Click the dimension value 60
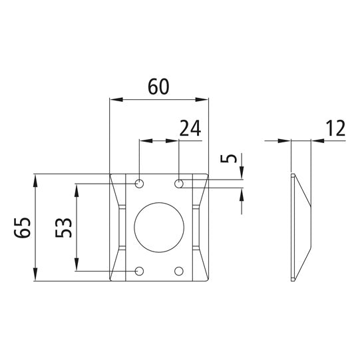coord(158,87)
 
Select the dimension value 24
coord(190,128)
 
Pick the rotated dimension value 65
coord(21,228)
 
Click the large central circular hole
coord(158,228)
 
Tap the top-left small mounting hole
coord(139,183)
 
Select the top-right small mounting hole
coord(179,183)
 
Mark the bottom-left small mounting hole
coord(139,271)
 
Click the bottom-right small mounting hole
coord(179,271)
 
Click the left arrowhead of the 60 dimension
coord(113,100)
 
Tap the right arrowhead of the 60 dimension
coord(204,100)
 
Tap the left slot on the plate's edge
coord(120,228)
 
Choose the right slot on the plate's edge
coord(196,228)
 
